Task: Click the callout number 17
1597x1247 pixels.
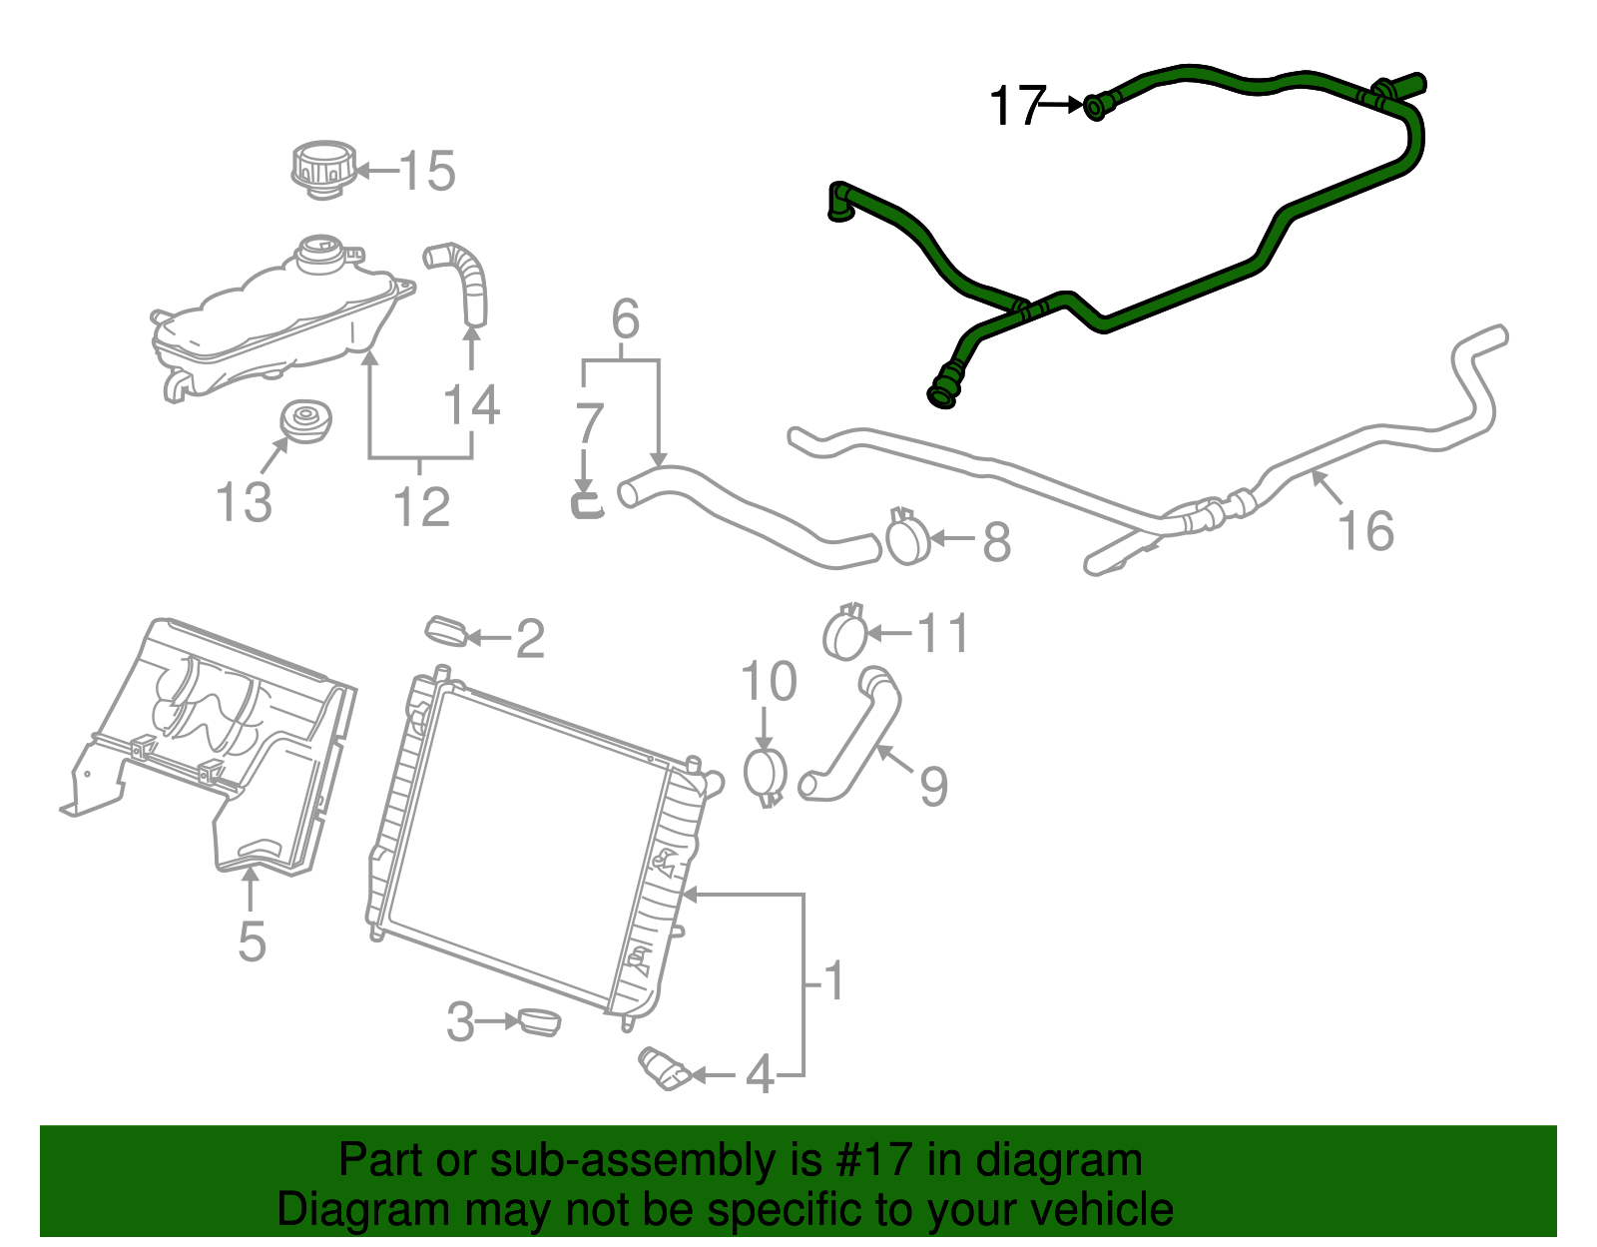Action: pos(1016,105)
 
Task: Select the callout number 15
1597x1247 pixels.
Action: pos(427,171)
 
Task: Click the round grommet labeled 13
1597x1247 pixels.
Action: pos(305,421)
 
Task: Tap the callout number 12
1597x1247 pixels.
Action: pos(421,506)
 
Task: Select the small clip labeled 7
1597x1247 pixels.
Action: pos(587,502)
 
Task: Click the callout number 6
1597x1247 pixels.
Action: pos(625,319)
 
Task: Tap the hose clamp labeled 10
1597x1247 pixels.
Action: pos(766,773)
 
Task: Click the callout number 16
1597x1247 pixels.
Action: pos(1365,530)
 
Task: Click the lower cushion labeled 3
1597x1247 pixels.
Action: pos(538,1021)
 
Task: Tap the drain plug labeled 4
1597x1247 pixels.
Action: pos(665,1069)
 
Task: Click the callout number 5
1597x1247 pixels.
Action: pos(252,940)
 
